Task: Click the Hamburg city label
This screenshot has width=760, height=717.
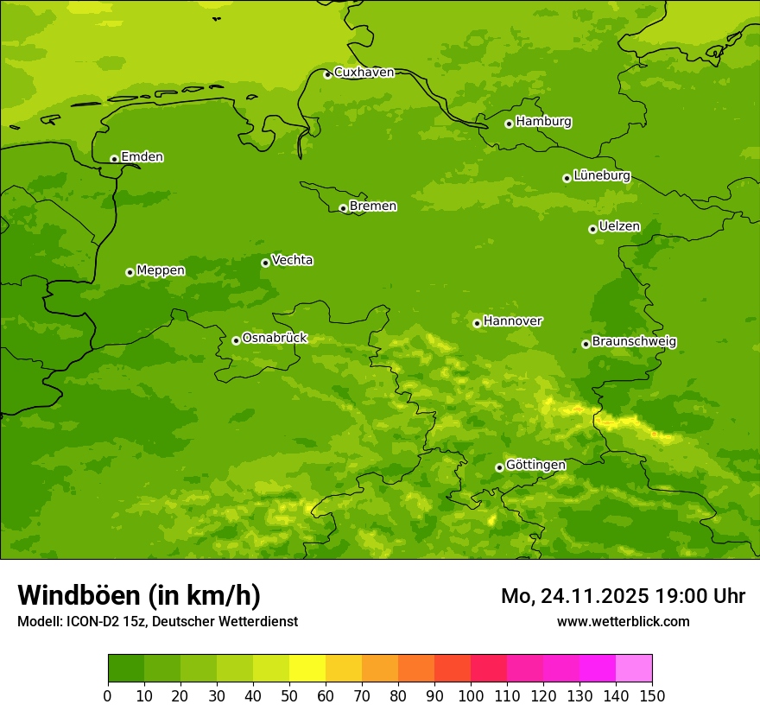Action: [x=543, y=122]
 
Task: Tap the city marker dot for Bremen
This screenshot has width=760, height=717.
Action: [x=343, y=208]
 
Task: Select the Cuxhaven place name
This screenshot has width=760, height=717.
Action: [x=364, y=73]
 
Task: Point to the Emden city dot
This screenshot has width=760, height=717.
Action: [x=114, y=159]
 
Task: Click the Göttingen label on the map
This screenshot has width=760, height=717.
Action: [x=535, y=466]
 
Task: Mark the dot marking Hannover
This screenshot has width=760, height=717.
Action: [x=477, y=323]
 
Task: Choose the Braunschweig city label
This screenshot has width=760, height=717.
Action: [x=634, y=342]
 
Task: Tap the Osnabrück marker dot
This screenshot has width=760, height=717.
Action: [x=236, y=340]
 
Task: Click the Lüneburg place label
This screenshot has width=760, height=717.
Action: [x=601, y=175]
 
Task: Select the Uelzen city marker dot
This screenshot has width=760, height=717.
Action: [x=592, y=229]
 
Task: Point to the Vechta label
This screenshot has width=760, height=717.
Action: [x=292, y=260]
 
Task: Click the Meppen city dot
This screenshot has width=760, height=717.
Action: [x=130, y=272]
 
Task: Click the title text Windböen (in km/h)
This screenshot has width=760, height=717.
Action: [x=139, y=595]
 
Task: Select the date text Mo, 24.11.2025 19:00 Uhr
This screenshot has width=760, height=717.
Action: [x=623, y=596]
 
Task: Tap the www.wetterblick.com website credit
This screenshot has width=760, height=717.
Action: [x=623, y=621]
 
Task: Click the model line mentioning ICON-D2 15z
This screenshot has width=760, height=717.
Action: [x=157, y=621]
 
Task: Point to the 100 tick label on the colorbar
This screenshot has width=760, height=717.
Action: [x=471, y=695]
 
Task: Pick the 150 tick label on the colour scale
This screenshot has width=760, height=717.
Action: [x=652, y=695]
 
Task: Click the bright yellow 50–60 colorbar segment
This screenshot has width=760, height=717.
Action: [x=307, y=668]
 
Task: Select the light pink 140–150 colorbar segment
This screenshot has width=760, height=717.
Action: [x=634, y=668]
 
